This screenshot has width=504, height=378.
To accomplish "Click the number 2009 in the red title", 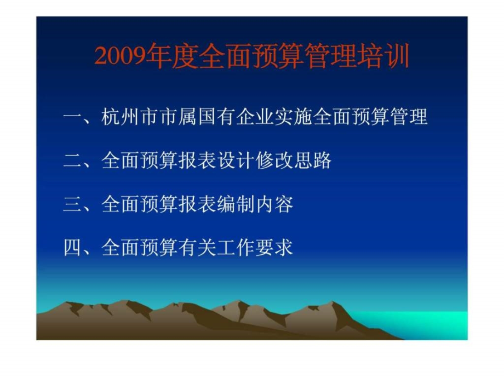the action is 120,56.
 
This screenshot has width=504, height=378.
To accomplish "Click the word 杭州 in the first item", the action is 120,116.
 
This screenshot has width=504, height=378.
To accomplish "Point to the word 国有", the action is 216,116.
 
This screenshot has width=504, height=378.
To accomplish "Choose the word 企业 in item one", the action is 255,116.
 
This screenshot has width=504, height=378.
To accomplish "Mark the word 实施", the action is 294,116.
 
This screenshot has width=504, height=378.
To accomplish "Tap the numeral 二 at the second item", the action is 73,161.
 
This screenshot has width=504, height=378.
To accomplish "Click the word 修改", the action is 274,160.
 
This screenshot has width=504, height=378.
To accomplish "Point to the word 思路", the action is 312,160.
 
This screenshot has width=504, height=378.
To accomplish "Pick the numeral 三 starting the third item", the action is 73,204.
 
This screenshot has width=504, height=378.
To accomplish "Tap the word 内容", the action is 274,204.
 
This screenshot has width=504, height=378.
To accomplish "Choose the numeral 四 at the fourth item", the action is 73,248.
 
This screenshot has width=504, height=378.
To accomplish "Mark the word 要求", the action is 274,247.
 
